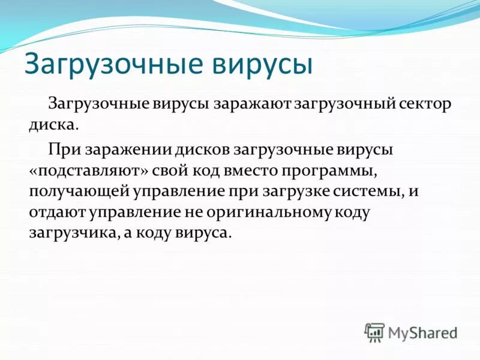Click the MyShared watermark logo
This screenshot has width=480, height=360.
click(411, 332)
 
